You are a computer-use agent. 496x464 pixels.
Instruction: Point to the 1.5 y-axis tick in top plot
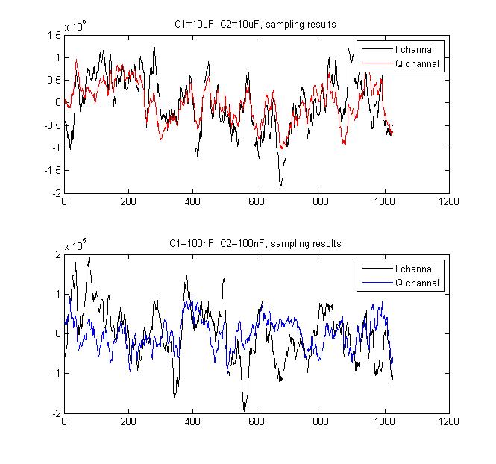(54, 35)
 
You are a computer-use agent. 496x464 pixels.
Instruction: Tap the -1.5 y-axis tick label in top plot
(52, 170)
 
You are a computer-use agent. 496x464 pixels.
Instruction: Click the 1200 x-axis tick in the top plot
(449, 201)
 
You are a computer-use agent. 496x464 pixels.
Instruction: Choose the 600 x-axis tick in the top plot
(257, 201)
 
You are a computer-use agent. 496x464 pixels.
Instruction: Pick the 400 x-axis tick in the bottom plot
(192, 421)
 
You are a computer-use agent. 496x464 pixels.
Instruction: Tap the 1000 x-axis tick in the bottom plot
(385, 421)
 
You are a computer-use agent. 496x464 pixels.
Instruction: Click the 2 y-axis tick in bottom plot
(58, 254)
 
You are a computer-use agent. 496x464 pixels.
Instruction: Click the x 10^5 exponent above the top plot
(75, 26)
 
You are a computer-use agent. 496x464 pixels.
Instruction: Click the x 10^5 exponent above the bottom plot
(75, 245)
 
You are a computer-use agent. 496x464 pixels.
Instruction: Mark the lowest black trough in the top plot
(280, 187)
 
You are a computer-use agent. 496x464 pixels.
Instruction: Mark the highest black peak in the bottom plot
(89, 257)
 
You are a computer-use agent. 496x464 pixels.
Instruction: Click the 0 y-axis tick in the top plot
(58, 102)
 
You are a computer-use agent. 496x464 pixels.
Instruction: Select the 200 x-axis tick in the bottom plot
(128, 421)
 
